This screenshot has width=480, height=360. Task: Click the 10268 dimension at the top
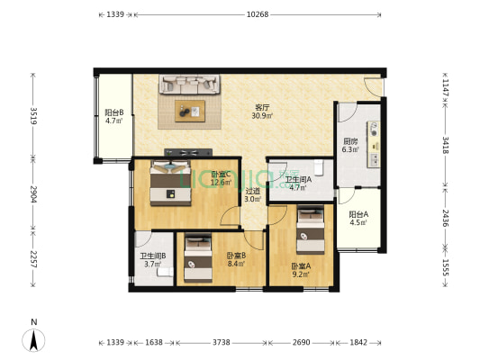tap(258, 14)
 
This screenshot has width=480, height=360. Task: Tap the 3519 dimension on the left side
tap(33, 115)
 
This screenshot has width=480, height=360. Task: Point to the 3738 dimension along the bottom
tap(222, 342)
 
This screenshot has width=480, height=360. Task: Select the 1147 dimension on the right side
tap(446, 88)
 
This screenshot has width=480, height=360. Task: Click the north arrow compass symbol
tap(33, 340)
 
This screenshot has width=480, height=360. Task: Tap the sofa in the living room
tap(189, 84)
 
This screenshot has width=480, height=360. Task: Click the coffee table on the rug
tap(190, 111)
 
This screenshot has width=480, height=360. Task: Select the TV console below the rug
tap(188, 152)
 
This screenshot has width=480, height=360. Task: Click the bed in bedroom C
tap(170, 183)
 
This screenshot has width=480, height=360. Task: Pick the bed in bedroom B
tap(198, 257)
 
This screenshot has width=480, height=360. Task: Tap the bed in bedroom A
tap(311, 229)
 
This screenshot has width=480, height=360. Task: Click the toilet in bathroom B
tap(166, 272)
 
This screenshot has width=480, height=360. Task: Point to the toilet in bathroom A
tap(319, 167)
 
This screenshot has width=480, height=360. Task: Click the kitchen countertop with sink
tap(374, 144)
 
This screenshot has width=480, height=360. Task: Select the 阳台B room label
tap(114, 112)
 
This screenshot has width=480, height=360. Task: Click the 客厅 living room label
tap(262, 108)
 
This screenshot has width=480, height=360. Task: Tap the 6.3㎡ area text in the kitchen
tap(350, 149)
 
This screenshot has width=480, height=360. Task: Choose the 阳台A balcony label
tap(358, 214)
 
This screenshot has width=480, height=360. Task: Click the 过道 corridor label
tap(253, 192)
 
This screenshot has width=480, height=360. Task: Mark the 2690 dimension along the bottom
tap(301, 342)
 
